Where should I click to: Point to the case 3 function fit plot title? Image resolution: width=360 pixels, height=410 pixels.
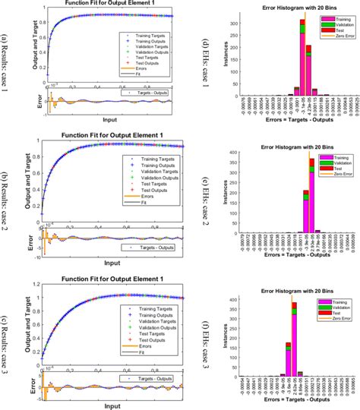tap(106, 270)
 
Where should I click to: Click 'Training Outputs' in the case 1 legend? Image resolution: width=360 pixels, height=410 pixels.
tap(148, 41)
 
